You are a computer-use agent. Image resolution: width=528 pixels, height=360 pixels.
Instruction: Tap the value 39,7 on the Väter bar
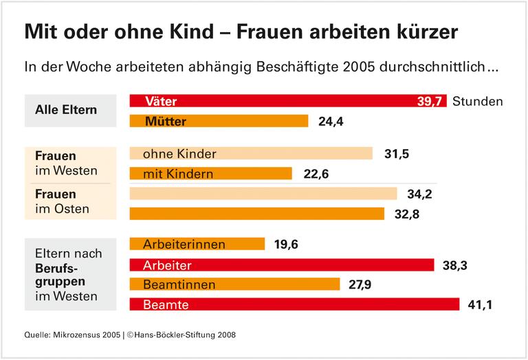(430, 102)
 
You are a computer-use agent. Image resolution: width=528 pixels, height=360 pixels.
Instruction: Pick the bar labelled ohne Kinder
(251, 154)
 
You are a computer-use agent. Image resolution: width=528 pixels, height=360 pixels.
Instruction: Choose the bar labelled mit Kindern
(210, 174)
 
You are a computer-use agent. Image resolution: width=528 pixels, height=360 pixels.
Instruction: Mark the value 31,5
(397, 154)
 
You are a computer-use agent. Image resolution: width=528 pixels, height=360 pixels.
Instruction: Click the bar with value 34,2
(263, 194)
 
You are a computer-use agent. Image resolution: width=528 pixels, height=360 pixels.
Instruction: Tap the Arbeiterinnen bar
(197, 244)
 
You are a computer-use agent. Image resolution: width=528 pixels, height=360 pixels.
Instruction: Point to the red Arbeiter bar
(282, 265)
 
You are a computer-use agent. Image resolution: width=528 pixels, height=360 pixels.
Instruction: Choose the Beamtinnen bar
(234, 284)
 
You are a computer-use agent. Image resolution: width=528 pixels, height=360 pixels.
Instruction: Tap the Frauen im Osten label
(63, 201)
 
